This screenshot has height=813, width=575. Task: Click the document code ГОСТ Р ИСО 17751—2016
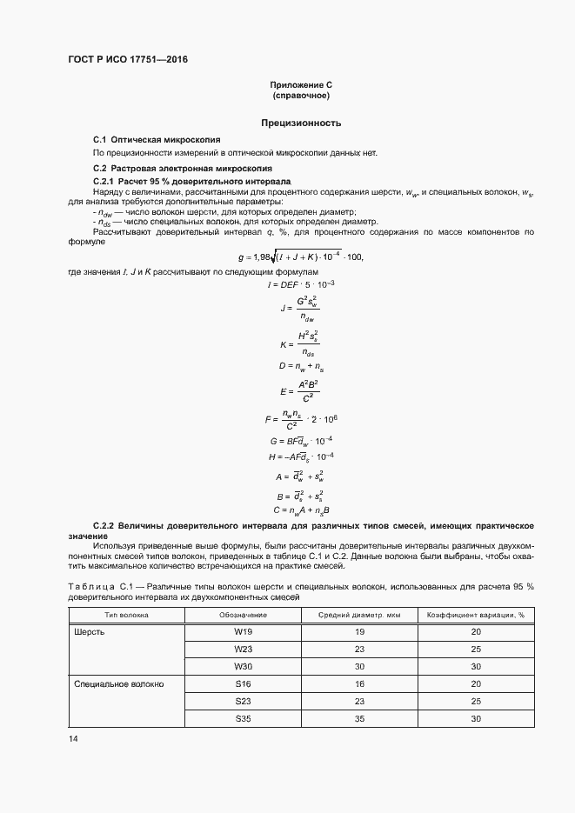pyautogui.click(x=127, y=60)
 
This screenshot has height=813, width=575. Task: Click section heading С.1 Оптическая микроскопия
pyautogui.click(x=157, y=139)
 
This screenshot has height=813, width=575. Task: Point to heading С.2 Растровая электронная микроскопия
pyautogui.click(x=183, y=167)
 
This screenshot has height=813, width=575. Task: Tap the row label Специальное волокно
pyautogui.click(x=118, y=684)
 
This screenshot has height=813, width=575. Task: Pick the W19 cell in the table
pyautogui.click(x=243, y=632)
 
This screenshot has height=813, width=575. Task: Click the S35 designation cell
pyautogui.click(x=243, y=719)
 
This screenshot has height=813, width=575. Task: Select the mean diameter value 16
pyautogui.click(x=358, y=684)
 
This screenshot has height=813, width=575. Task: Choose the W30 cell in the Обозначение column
pyautogui.click(x=243, y=667)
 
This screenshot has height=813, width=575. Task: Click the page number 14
pyautogui.click(x=73, y=738)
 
